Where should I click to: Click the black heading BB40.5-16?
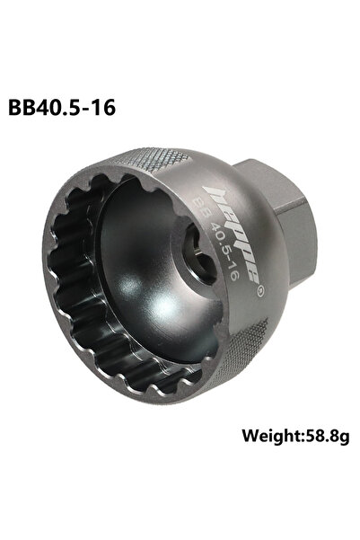pyautogui.click(x=62, y=108)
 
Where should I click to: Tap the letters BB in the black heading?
pyautogui.click(x=21, y=108)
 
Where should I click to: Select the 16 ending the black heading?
pyautogui.click(x=105, y=108)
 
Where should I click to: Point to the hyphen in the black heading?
pyautogui.click(x=87, y=110)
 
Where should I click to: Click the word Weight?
pyautogui.click(x=271, y=436)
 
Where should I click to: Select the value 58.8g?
pyautogui.click(x=327, y=437)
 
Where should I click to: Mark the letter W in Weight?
pyautogui.click(x=250, y=436)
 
